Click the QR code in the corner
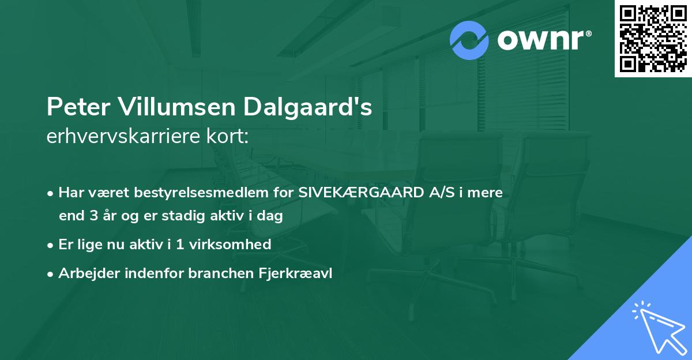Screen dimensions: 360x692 click(653, 39)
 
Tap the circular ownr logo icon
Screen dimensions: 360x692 click(469, 40)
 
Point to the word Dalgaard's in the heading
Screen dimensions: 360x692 click(307, 107)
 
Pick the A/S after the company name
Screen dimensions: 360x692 click(441, 193)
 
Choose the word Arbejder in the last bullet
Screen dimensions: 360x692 click(84, 273)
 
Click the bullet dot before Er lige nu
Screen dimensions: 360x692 click(51, 245)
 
